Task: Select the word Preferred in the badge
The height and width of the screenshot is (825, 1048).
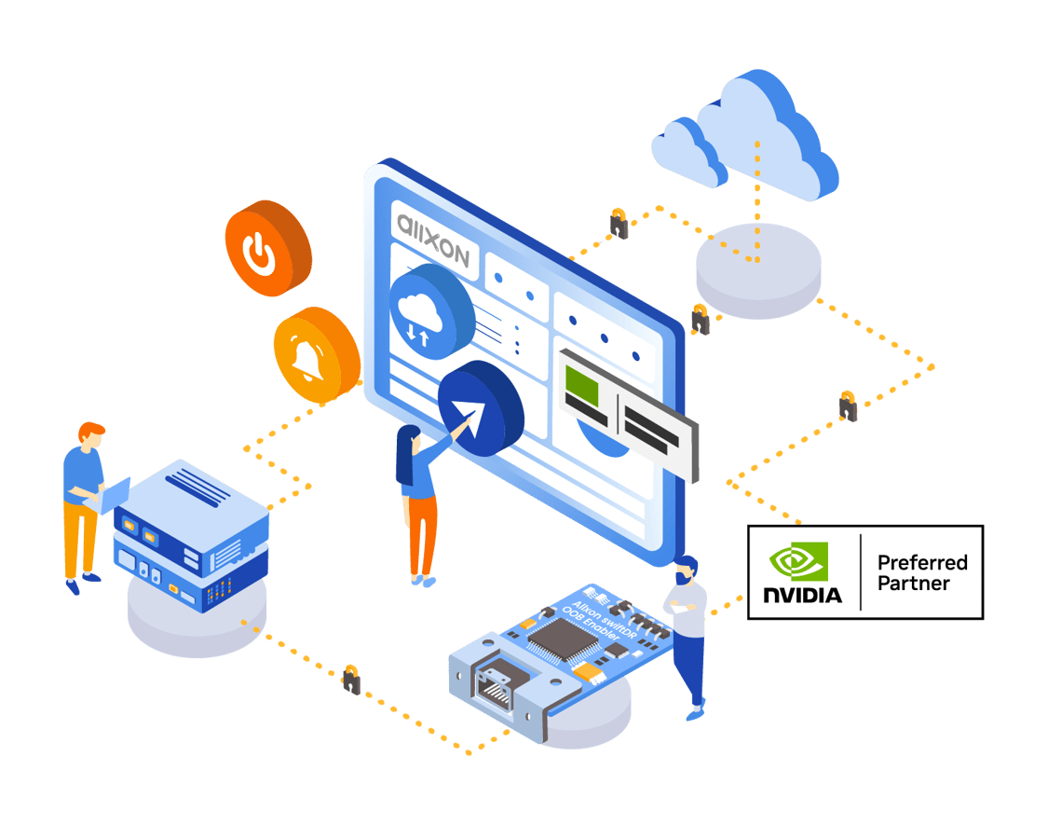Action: click(922, 562)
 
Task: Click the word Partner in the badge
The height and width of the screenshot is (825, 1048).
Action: click(914, 584)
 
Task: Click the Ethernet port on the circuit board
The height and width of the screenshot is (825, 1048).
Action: click(491, 688)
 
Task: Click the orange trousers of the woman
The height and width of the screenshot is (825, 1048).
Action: click(423, 534)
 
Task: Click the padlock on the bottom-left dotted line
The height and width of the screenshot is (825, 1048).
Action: click(350, 681)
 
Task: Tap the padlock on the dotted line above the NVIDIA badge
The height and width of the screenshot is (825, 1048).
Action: click(848, 407)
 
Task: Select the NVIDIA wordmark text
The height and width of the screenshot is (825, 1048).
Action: click(802, 595)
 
